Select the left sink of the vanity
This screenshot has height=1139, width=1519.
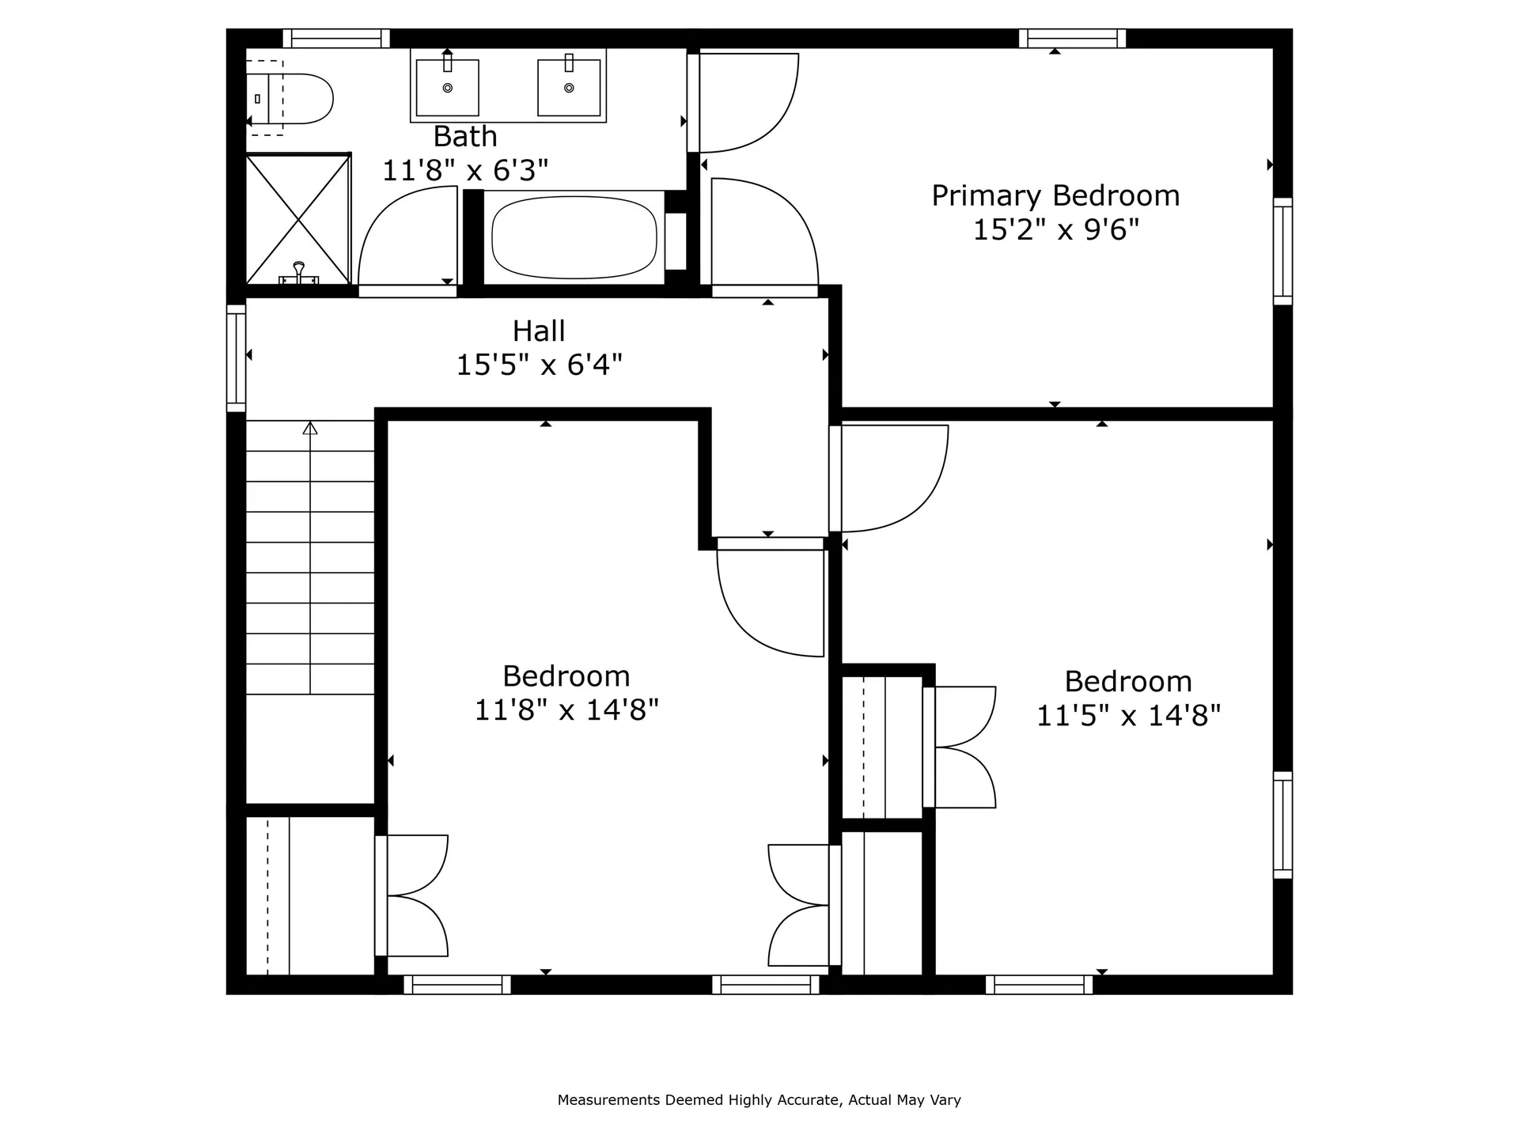point(447,87)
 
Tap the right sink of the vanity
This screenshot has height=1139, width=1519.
point(569,87)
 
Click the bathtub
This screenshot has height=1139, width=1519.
point(574,237)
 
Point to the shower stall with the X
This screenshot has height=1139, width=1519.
point(297,220)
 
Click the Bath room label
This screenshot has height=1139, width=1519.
point(465,137)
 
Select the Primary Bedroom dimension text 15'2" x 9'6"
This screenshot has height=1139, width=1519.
point(1055,230)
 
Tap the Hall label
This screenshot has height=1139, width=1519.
point(539,331)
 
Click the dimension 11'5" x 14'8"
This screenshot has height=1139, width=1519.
point(1128,716)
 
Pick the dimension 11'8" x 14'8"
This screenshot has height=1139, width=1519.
point(566,710)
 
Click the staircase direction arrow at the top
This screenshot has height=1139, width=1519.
point(310,428)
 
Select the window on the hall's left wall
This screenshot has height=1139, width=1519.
point(236,358)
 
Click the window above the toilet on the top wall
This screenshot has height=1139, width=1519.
point(336,38)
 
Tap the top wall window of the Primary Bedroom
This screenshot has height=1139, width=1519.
point(1072,38)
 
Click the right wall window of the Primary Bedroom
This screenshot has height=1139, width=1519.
point(1282,252)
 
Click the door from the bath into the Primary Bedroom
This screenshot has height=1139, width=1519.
point(744,103)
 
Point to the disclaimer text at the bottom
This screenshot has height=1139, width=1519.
point(759,1099)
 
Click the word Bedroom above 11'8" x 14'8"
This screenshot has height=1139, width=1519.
point(566,676)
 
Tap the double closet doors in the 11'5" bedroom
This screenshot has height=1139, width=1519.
point(961,747)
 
